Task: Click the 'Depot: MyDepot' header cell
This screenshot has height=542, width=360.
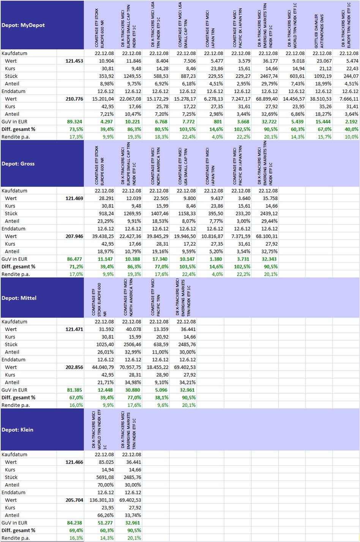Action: point(23,25)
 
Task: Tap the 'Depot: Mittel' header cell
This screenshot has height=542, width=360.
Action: point(19,298)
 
